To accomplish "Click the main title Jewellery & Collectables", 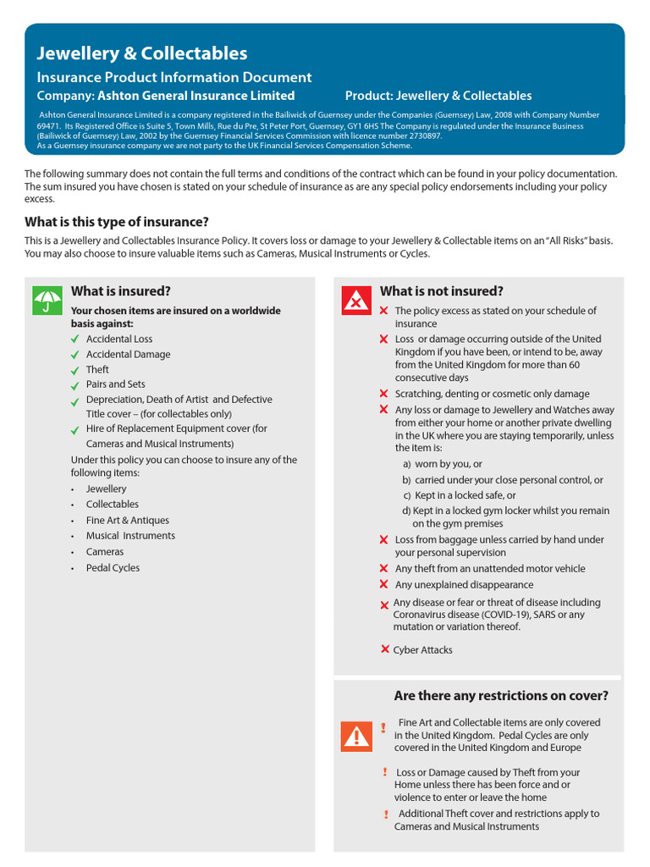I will pos(142,53).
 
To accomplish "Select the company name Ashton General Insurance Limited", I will pos(196,96).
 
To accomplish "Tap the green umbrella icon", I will pos(47,301).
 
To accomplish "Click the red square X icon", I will pos(356,301).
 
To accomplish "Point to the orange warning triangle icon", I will pos(356,736).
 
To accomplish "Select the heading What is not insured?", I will pos(441,291).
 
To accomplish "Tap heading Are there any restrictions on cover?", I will pos(500,696).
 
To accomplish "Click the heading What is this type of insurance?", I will pos(117,222).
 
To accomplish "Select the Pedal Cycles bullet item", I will pos(113,568).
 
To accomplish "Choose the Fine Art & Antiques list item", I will pos(127,521).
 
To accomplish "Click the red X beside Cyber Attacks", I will pos(385,649).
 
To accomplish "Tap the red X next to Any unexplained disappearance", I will pos(384,584).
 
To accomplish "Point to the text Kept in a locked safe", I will pos(465,495).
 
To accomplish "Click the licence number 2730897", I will pos(420,135).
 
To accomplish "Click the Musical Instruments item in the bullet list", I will pos(130,536).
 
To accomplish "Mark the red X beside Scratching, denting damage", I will pos(384,394).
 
